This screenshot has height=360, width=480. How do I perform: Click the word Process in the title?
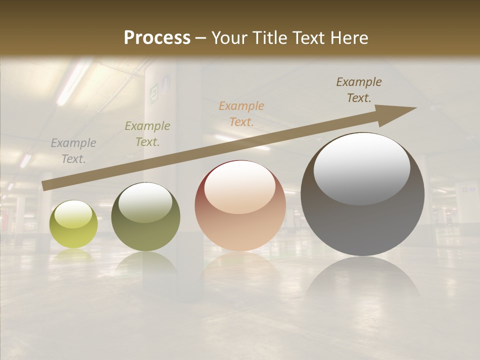pyautogui.click(x=157, y=38)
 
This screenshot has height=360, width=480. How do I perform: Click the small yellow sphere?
pyautogui.click(x=73, y=224)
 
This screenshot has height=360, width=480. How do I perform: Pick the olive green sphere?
pyautogui.click(x=145, y=217)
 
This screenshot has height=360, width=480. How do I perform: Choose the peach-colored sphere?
pyautogui.click(x=240, y=206)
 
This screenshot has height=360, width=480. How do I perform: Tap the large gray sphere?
pyautogui.click(x=362, y=195)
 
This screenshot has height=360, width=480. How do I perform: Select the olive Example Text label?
pyautogui.click(x=147, y=134)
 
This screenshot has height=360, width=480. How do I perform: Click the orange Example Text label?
pyautogui.click(x=241, y=113)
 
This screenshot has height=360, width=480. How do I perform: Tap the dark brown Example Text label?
pyautogui.click(x=359, y=90)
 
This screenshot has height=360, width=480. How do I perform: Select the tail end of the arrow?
pyautogui.click(x=46, y=185)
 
